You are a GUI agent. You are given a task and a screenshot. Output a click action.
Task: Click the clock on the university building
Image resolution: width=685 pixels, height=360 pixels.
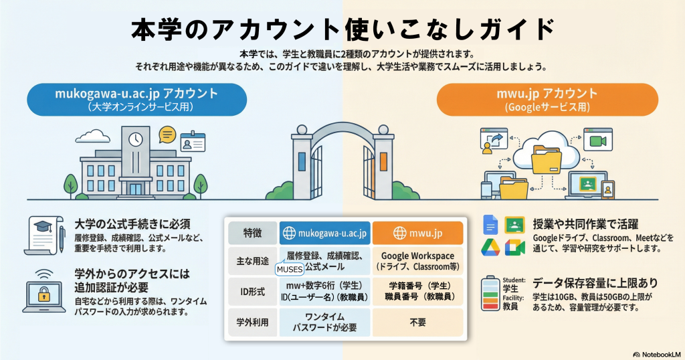(x=136, y=140)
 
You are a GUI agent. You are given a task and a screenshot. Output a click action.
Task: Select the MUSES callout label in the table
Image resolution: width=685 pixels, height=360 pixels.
(x=289, y=270)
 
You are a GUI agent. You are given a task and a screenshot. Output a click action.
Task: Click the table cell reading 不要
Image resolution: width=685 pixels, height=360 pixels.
(x=417, y=321)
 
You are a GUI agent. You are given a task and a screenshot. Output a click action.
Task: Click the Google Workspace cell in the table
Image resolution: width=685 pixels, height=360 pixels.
(x=417, y=261)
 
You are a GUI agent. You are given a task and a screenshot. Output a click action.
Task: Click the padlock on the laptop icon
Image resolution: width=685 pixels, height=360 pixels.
(x=43, y=294)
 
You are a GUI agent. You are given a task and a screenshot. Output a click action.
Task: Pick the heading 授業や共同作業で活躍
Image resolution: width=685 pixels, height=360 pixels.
(x=585, y=223)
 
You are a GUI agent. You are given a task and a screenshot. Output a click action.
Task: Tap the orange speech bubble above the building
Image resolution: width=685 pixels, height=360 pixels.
(x=167, y=134)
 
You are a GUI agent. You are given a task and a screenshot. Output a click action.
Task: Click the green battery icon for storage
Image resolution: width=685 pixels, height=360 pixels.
(x=491, y=294)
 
